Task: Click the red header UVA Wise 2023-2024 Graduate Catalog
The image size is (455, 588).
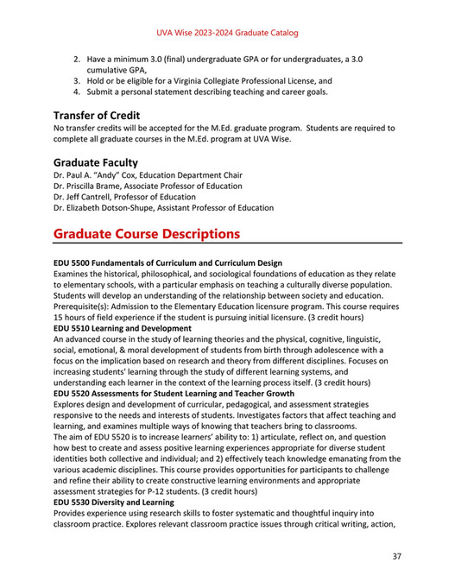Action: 227,33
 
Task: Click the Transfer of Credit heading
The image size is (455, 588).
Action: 97,115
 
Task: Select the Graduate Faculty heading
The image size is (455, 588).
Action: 95,161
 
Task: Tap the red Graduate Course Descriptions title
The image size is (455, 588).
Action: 147,233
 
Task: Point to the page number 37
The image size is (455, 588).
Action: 396,555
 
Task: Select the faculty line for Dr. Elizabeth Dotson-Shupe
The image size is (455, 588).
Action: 163,208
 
